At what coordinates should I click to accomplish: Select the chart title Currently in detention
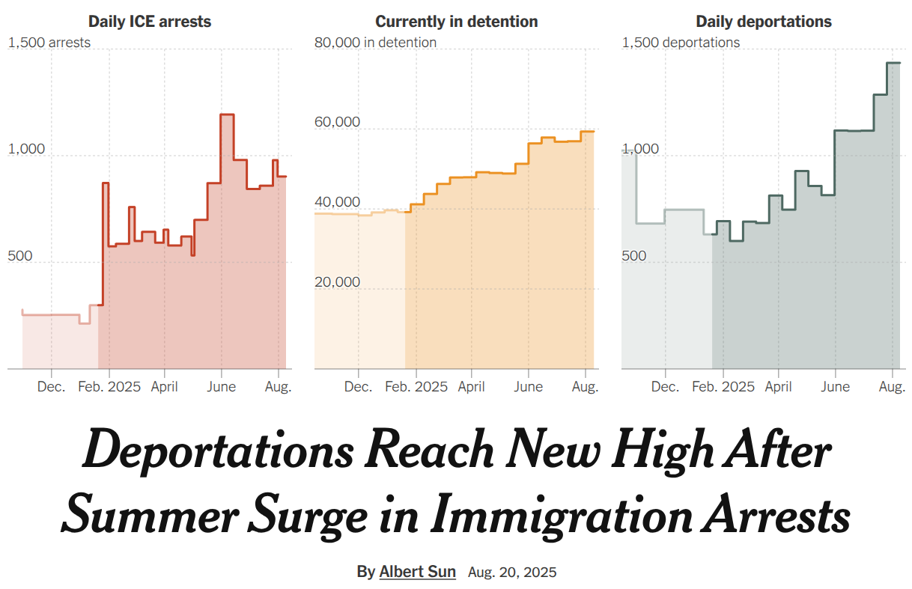coord(457,22)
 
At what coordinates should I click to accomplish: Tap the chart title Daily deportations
coord(764,22)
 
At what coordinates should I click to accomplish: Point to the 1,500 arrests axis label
coord(49,43)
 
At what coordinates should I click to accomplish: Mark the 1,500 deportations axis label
coord(681,43)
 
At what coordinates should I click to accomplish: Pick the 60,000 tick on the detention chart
coord(337,122)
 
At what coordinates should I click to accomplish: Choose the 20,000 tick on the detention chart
coord(337,282)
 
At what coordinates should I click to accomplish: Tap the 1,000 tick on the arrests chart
coord(27,149)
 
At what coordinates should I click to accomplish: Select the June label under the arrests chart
coord(221,387)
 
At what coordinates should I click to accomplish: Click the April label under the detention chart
coord(471,387)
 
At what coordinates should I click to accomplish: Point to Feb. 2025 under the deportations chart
coord(723,387)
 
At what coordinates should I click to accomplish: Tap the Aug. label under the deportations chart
coord(892,387)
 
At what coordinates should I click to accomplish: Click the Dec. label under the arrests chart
coord(51,387)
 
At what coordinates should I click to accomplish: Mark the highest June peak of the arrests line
coord(227,115)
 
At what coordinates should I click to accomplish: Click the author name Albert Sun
coord(417,572)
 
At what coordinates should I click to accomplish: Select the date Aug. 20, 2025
coord(512,573)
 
